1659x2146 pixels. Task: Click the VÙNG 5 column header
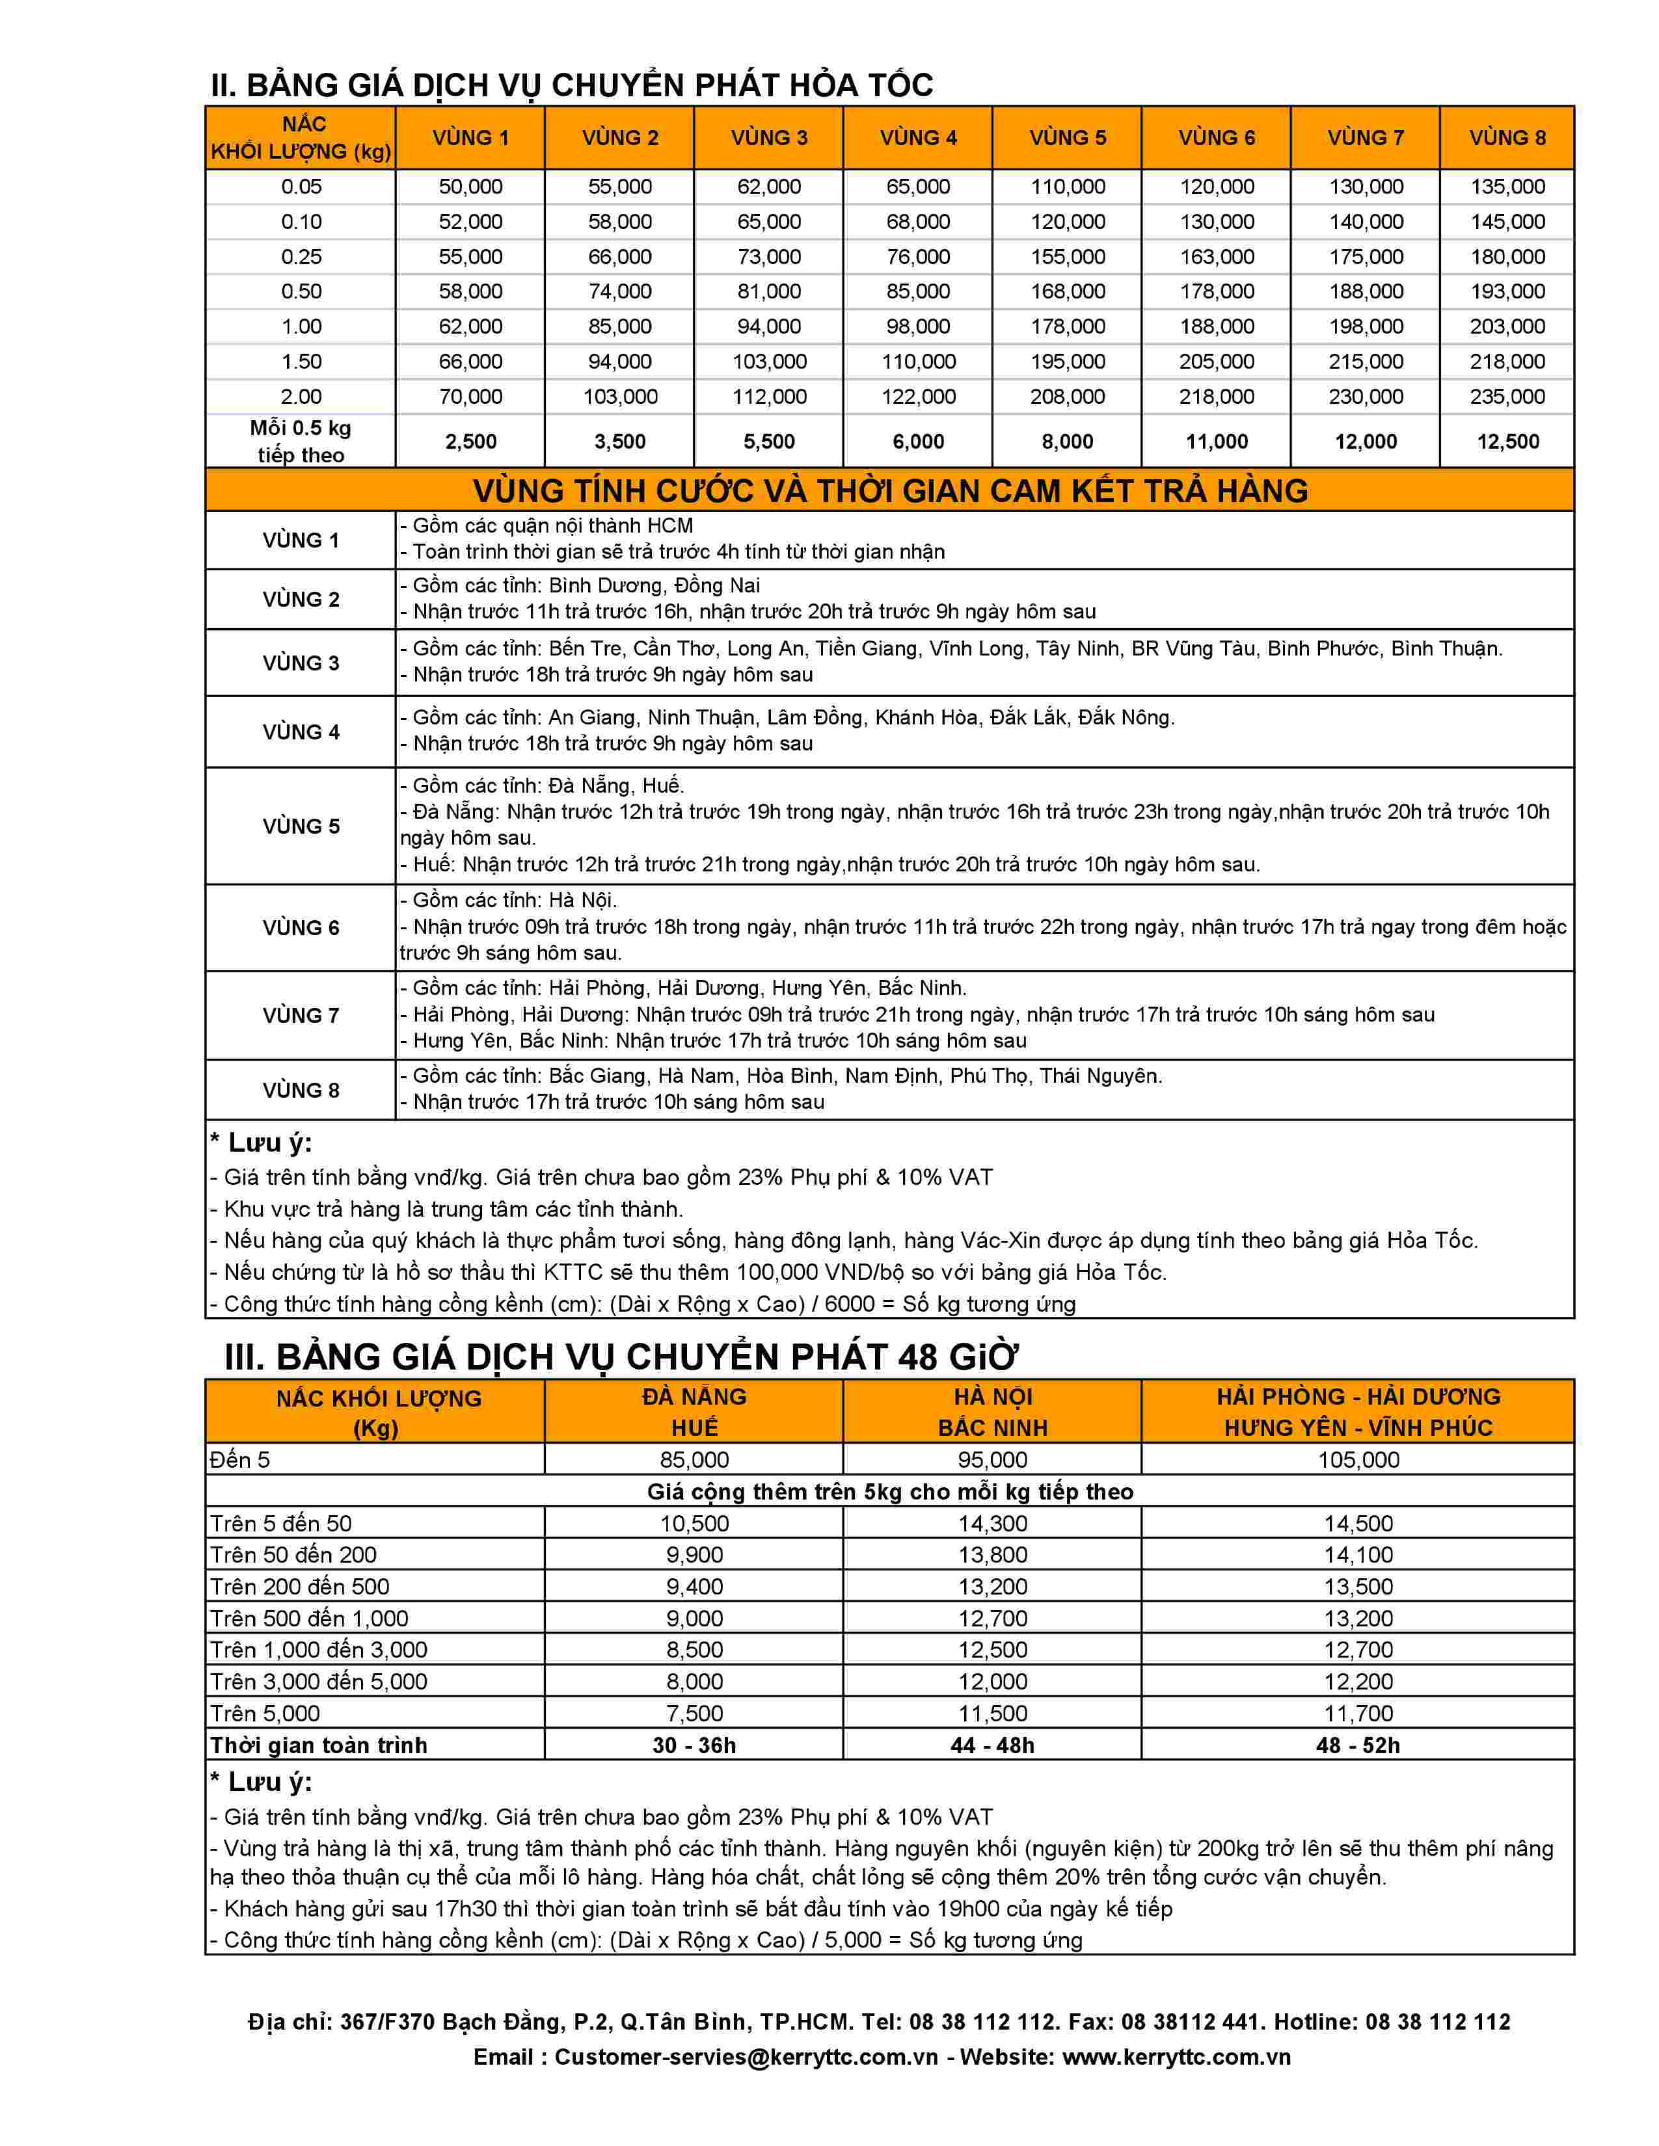pyautogui.click(x=1068, y=138)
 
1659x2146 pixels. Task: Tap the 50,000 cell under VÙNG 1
pyautogui.click(x=471, y=187)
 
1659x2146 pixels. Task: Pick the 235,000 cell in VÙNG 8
pyautogui.click(x=1507, y=397)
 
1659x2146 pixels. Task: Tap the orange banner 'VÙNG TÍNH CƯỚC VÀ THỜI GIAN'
pyautogui.click(x=889, y=490)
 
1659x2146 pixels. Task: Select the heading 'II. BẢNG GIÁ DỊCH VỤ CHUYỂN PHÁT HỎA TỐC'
pyautogui.click(x=571, y=85)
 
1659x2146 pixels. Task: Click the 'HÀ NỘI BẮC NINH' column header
pyautogui.click(x=993, y=1412)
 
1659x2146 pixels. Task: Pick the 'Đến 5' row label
pyautogui.click(x=240, y=1460)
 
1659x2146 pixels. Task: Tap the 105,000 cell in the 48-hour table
pyautogui.click(x=1358, y=1460)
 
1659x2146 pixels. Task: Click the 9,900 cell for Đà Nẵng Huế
pyautogui.click(x=695, y=1554)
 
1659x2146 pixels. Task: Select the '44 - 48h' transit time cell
pyautogui.click(x=993, y=1745)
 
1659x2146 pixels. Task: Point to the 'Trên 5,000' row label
pyautogui.click(x=265, y=1714)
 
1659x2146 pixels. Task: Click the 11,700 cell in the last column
pyautogui.click(x=1358, y=1714)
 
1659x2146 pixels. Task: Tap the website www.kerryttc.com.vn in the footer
pyautogui.click(x=1176, y=2056)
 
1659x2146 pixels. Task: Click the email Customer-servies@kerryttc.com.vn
pyautogui.click(x=746, y=2056)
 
